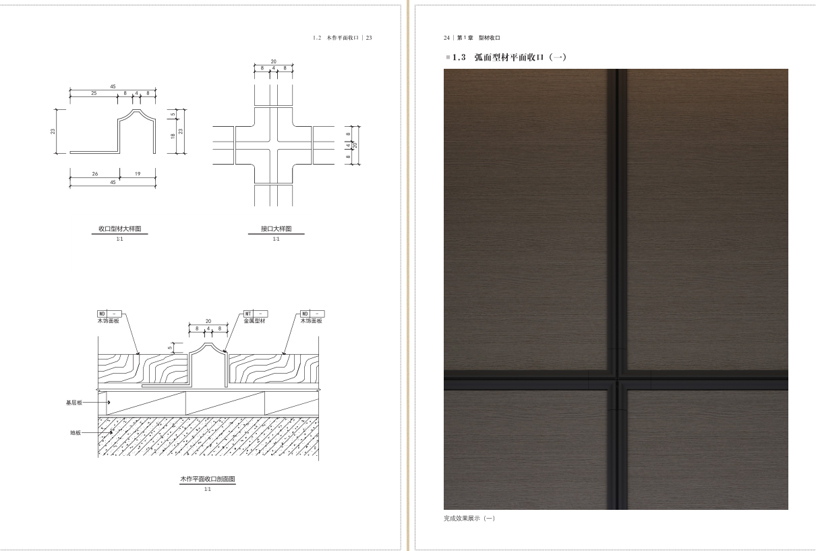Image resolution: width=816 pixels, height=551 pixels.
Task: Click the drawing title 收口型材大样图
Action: pyautogui.click(x=119, y=229)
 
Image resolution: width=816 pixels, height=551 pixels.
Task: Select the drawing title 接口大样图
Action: pyautogui.click(x=276, y=229)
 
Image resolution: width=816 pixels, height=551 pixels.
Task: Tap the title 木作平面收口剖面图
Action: pyautogui.click(x=208, y=479)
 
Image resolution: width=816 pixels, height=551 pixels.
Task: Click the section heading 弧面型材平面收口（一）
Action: pyautogui.click(x=520, y=57)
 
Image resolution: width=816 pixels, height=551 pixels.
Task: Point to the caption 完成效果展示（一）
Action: pyautogui.click(x=469, y=518)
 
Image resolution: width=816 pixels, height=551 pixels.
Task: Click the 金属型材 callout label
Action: pyautogui.click(x=254, y=321)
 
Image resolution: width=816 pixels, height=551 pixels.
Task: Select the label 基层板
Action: pyautogui.click(x=74, y=403)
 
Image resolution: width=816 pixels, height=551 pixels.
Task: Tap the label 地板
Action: pyautogui.click(x=76, y=432)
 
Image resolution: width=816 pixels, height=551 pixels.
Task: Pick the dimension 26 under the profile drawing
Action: pyautogui.click(x=94, y=174)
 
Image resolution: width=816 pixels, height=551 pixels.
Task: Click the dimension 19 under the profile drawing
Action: pyautogui.click(x=138, y=174)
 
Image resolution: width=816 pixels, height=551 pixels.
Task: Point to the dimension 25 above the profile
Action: pyautogui.click(x=94, y=93)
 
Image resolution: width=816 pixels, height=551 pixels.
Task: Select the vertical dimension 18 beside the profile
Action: pyautogui.click(x=173, y=136)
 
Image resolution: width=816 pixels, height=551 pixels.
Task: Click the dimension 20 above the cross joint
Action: pyautogui.click(x=273, y=61)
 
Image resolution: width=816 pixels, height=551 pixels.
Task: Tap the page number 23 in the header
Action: pyautogui.click(x=369, y=38)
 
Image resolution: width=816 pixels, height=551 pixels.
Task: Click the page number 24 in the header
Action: pyautogui.click(x=446, y=38)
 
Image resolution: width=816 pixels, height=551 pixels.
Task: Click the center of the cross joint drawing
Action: pyautogui.click(x=274, y=145)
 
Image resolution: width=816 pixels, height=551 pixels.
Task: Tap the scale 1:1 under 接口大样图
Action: pyautogui.click(x=276, y=239)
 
